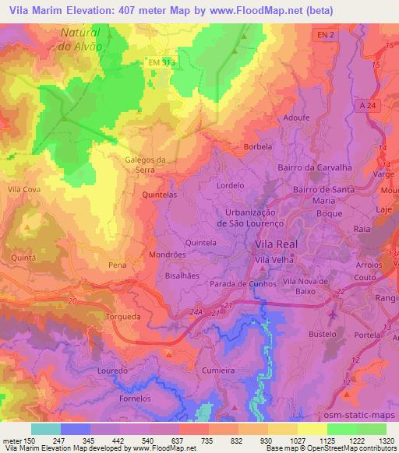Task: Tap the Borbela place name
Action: pos(258,146)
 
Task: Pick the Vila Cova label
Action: pos(22,188)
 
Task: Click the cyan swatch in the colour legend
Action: pos(46,429)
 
